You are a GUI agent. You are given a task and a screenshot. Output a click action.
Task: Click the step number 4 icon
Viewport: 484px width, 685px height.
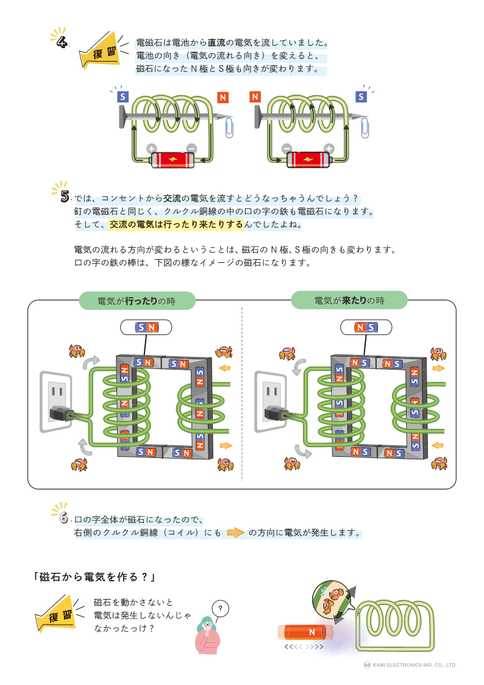pyautogui.click(x=62, y=41)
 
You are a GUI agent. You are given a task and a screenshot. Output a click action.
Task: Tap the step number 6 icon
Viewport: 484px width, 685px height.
pyautogui.click(x=63, y=518)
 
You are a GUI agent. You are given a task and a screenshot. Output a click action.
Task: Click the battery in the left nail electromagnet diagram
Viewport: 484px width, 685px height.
pyautogui.click(x=173, y=160)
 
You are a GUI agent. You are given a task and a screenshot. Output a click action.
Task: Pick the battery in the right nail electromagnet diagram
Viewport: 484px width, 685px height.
pyautogui.click(x=308, y=160)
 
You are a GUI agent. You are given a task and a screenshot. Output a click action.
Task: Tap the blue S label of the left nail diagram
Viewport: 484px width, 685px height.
pyautogui.click(x=123, y=96)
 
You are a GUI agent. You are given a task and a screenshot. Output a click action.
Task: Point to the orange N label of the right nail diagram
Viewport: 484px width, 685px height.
pyautogui.click(x=255, y=96)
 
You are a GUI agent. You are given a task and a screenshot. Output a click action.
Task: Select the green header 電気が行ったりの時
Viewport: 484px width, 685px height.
pyautogui.click(x=137, y=301)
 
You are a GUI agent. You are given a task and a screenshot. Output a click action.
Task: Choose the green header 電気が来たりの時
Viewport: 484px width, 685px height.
pyautogui.click(x=349, y=300)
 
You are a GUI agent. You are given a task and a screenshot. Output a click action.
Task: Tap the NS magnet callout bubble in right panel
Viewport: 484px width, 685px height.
pyautogui.click(x=365, y=328)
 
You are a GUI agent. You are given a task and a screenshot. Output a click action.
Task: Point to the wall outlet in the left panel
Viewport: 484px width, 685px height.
pyautogui.click(x=57, y=401)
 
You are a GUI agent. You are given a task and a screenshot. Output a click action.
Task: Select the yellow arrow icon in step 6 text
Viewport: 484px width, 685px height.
pyautogui.click(x=235, y=533)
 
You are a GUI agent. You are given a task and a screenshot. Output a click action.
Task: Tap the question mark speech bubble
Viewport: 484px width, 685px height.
pyautogui.click(x=221, y=608)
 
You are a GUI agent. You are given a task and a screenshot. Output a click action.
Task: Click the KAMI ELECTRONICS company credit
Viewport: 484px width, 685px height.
pyautogui.click(x=410, y=665)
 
